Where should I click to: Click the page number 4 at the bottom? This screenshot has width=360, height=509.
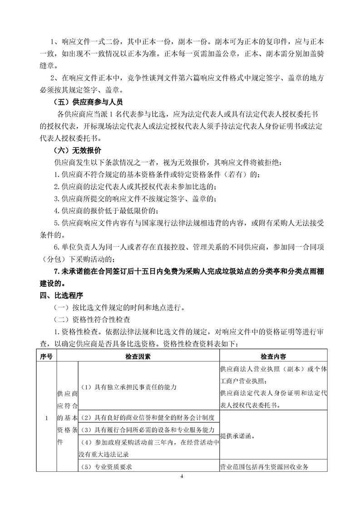(x=181, y=476)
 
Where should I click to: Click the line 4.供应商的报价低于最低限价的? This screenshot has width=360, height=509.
(x=106, y=210)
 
